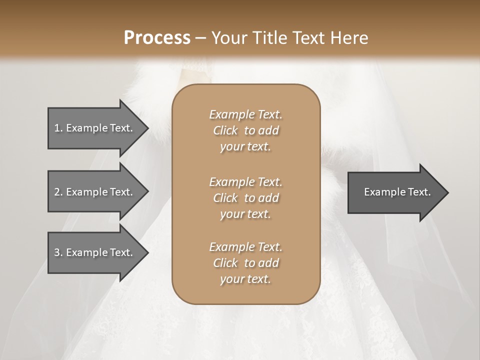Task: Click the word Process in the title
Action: (x=157, y=38)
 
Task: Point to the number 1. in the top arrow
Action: (x=58, y=128)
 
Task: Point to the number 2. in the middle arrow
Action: (x=58, y=192)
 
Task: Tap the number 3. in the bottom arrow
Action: (x=58, y=252)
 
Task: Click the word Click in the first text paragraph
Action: (x=225, y=131)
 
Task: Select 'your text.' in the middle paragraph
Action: (x=245, y=214)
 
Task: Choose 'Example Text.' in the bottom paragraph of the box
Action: (x=245, y=247)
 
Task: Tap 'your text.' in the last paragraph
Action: (x=245, y=279)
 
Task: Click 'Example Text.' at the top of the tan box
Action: (x=245, y=114)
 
